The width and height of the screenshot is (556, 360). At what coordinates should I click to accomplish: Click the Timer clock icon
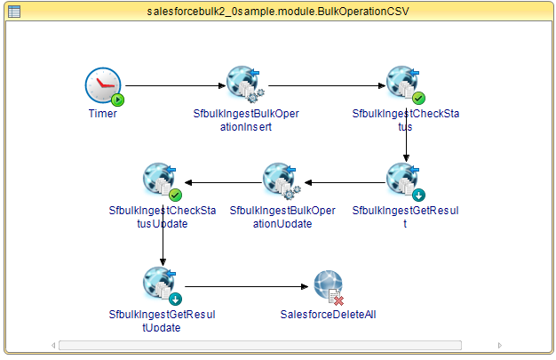102,85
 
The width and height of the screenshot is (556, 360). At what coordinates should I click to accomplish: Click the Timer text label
103,114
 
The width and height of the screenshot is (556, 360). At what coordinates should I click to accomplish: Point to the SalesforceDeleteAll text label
328,314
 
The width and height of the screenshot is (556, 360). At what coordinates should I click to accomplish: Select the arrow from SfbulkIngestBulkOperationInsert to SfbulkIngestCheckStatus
326,86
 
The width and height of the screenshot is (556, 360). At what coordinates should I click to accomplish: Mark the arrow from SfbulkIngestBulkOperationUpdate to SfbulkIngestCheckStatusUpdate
222,183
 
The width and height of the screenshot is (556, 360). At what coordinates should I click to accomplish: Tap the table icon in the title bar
13,11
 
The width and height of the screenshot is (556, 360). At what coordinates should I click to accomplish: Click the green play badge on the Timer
117,100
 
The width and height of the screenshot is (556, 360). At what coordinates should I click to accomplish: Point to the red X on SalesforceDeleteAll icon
338,300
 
